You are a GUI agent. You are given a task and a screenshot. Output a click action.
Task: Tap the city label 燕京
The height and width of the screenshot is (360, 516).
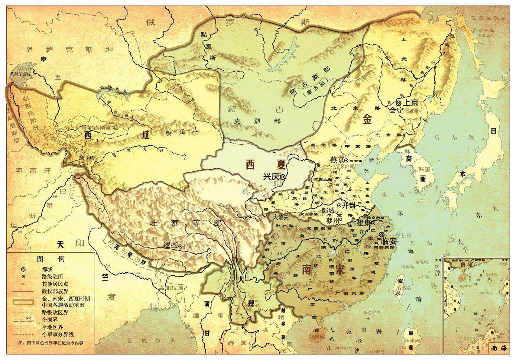(336, 160)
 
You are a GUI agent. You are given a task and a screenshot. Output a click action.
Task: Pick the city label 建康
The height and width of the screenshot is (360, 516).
(363, 223)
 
